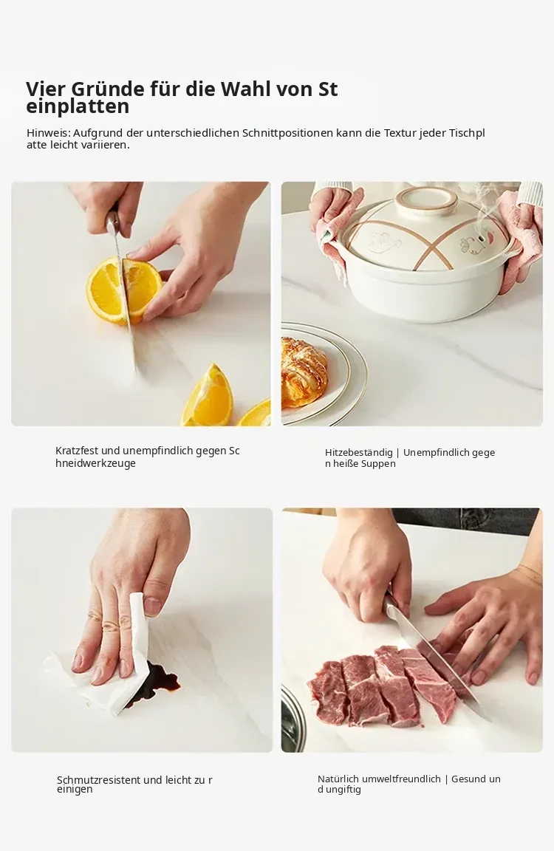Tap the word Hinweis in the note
click(x=48, y=133)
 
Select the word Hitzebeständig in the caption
click(x=359, y=453)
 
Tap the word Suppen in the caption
click(x=379, y=464)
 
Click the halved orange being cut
click(x=124, y=290)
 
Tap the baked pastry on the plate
click(x=304, y=371)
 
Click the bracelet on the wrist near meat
click(x=530, y=573)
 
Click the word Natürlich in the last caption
click(x=338, y=779)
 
